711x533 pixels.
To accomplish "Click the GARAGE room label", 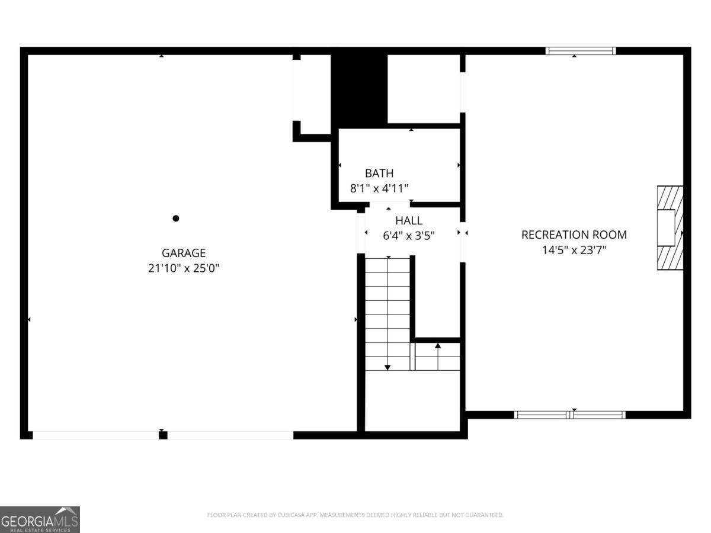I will point(184,253).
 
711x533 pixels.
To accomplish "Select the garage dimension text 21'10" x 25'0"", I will point(184,268).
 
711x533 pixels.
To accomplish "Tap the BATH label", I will point(379,174).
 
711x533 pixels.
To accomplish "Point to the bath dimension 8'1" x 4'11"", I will point(379,188).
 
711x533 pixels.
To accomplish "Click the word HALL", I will point(409,221).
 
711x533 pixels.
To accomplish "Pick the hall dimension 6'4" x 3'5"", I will point(409,235).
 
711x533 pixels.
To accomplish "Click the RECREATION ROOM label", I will point(574,235).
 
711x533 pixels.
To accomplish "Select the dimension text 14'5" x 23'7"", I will point(574,250).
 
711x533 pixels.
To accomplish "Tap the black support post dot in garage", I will point(176,219).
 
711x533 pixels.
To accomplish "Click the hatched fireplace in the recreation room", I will point(670,228).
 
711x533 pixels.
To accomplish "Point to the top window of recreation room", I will point(581,51).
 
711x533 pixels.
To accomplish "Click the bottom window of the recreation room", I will point(569,415).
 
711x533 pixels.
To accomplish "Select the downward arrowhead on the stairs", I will point(387,367).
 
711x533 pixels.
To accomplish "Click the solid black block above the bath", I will point(359,89).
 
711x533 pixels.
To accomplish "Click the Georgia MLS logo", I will point(40,519).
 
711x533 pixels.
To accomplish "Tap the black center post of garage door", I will point(163,435).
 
